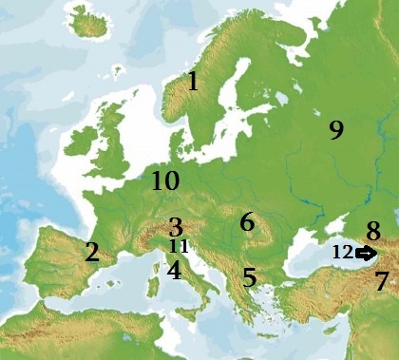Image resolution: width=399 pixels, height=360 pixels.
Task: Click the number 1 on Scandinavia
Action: pos(193,81)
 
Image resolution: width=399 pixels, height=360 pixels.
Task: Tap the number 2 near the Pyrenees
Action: pos(91,253)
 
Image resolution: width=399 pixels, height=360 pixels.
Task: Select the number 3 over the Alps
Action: pos(175,227)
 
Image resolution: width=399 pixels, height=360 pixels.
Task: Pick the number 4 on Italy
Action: pos(174,271)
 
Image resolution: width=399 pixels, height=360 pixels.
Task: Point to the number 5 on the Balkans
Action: pos(249,278)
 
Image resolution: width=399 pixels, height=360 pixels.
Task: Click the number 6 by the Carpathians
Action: pos(247,222)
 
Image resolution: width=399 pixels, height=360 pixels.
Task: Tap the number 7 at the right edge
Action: pos(381,281)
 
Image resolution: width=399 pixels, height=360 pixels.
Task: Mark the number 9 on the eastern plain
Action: pos(335,130)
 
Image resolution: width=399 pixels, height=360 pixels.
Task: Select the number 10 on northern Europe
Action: pos(164,180)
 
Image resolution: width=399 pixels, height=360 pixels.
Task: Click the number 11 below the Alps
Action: pos(179,246)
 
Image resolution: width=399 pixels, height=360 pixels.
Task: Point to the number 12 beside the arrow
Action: pos(342,253)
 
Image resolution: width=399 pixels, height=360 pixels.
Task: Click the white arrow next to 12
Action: pos(365,253)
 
